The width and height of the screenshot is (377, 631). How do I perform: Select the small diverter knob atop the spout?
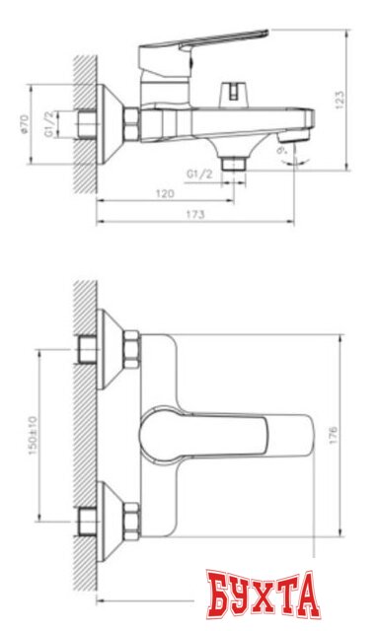(x=232, y=95)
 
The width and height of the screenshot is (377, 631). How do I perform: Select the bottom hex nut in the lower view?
(x=130, y=516)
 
